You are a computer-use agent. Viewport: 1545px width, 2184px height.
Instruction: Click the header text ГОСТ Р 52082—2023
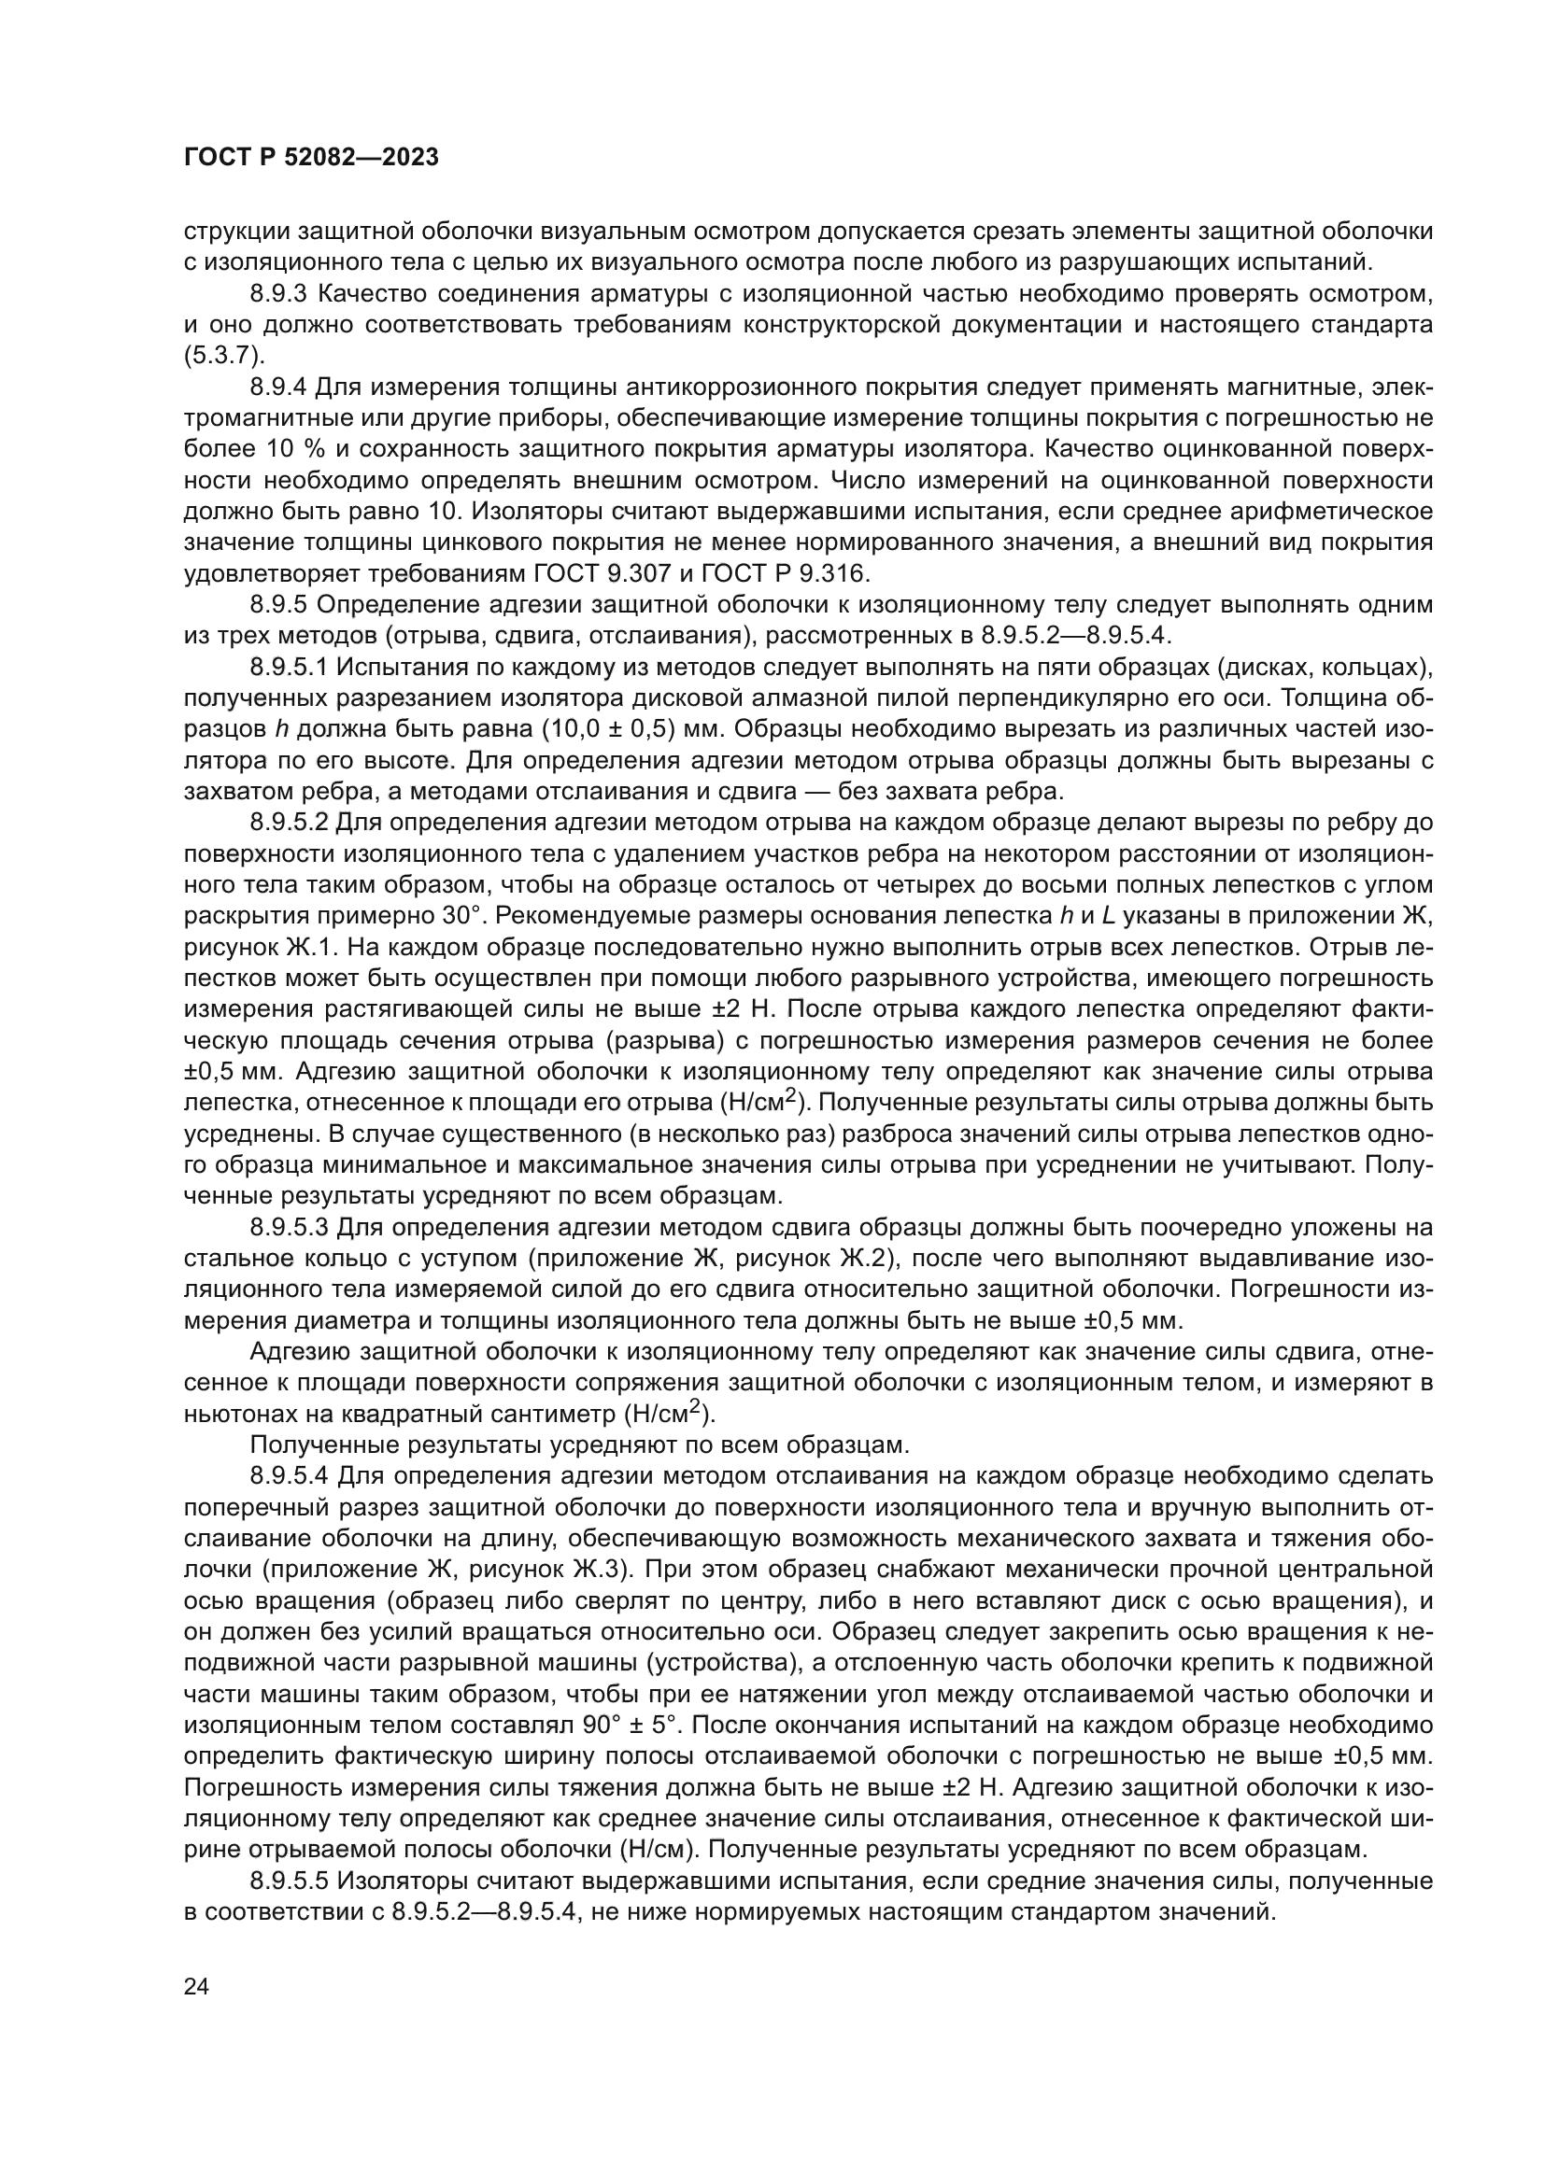[311, 158]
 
